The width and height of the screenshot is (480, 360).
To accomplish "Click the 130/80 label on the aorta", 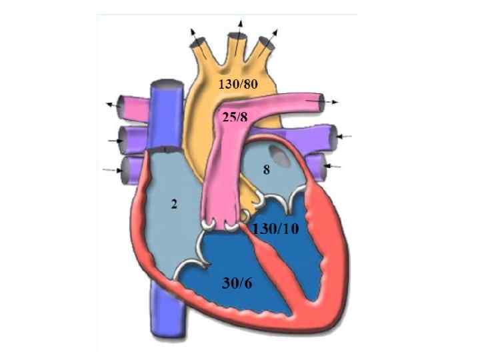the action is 239,84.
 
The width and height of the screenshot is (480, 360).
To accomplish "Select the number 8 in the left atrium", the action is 266,170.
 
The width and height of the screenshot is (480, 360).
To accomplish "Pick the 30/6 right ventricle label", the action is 237,283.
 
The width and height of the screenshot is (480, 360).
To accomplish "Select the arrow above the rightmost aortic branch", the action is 274,33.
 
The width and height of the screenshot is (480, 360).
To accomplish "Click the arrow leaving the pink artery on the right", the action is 333,101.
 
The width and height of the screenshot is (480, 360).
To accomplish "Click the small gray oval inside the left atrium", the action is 283,157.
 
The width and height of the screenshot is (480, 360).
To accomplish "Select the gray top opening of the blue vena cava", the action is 164,85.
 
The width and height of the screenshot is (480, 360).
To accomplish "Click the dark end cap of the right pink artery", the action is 323,101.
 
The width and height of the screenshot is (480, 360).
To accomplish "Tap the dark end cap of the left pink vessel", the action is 120,105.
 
